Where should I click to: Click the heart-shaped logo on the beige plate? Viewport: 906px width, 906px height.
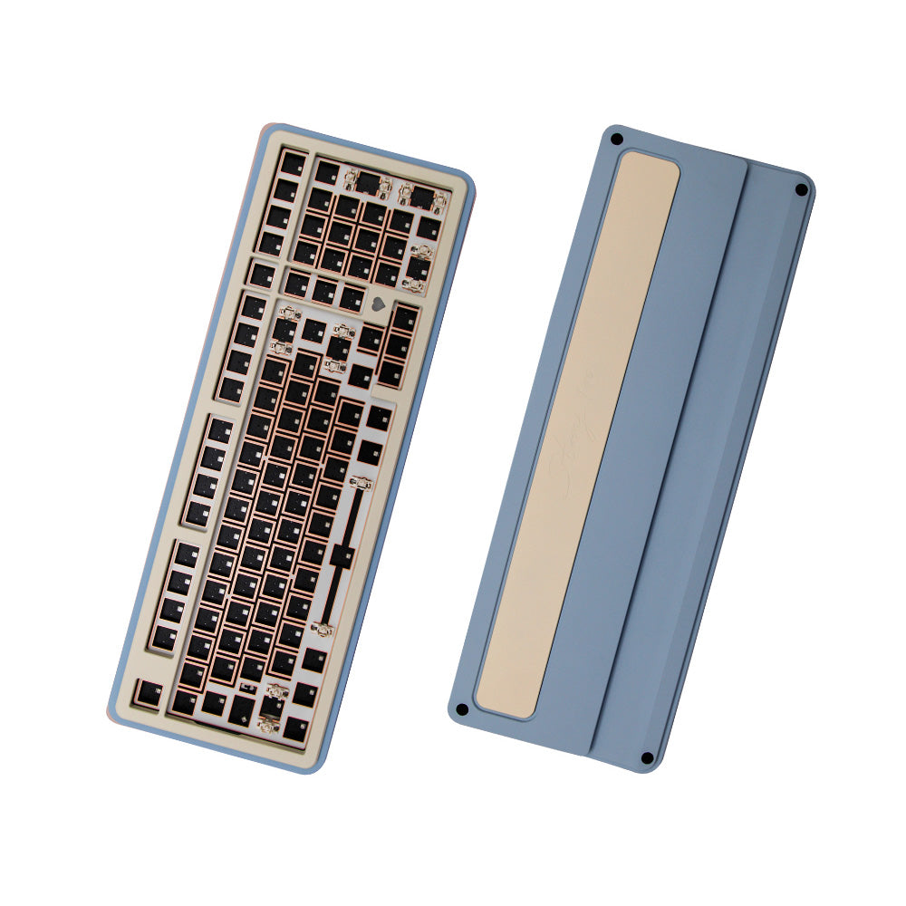click(377, 305)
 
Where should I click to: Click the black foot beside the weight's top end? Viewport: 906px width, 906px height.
click(616, 140)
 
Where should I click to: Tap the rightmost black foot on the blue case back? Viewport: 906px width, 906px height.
click(801, 189)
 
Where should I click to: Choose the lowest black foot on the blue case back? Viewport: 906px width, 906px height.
click(646, 757)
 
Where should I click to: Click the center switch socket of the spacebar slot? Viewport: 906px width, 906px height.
click(342, 555)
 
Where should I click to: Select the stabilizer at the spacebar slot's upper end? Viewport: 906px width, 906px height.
click(360, 483)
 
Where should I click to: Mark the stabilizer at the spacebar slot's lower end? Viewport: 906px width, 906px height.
click(322, 627)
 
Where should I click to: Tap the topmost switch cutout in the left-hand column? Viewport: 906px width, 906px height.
click(293, 163)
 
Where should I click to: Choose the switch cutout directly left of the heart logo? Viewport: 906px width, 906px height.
click(352, 295)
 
